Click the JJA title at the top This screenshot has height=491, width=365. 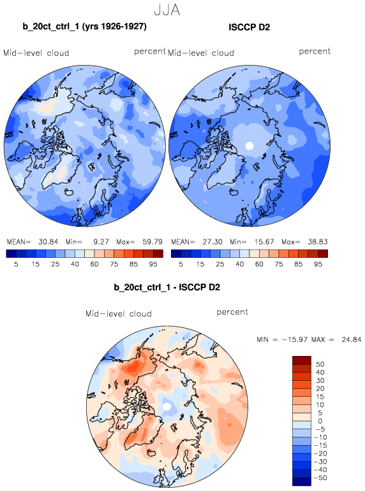[167, 10]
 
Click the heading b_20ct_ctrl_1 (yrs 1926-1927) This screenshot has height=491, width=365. [84, 26]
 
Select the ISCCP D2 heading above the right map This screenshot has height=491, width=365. [250, 27]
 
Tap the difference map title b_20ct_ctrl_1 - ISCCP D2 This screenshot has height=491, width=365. [167, 287]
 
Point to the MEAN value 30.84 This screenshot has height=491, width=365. [48, 242]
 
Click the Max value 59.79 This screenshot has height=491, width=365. [153, 242]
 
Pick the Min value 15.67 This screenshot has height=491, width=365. [264, 242]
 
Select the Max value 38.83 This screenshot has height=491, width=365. [318, 242]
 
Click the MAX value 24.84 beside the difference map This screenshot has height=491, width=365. [352, 339]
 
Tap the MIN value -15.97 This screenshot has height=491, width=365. [295, 339]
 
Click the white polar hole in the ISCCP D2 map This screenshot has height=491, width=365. [250, 146]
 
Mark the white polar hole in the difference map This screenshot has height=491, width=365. [167, 407]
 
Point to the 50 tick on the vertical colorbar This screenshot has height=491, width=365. [320, 364]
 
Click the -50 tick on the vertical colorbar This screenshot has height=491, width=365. [321, 478]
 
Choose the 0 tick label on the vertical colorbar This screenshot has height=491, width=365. [320, 421]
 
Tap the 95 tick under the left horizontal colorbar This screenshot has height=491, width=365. [153, 264]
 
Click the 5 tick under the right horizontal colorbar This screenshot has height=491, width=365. [181, 264]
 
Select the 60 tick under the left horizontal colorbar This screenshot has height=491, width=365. [94, 264]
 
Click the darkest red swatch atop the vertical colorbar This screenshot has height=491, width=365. [302, 360]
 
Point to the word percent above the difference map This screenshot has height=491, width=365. [232, 312]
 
